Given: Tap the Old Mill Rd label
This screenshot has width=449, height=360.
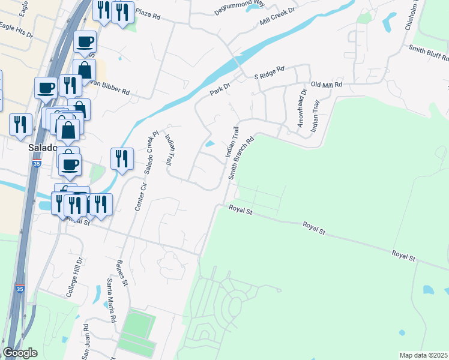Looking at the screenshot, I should (x=326, y=85).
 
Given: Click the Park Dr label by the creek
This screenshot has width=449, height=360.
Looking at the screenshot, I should (x=220, y=89).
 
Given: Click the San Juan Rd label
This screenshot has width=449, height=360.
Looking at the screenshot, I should (x=85, y=342).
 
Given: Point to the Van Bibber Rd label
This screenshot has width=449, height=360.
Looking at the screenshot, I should (x=112, y=91).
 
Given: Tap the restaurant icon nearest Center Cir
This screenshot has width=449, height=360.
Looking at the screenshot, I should (x=122, y=159).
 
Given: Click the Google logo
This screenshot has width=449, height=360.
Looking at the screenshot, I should (x=20, y=353).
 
